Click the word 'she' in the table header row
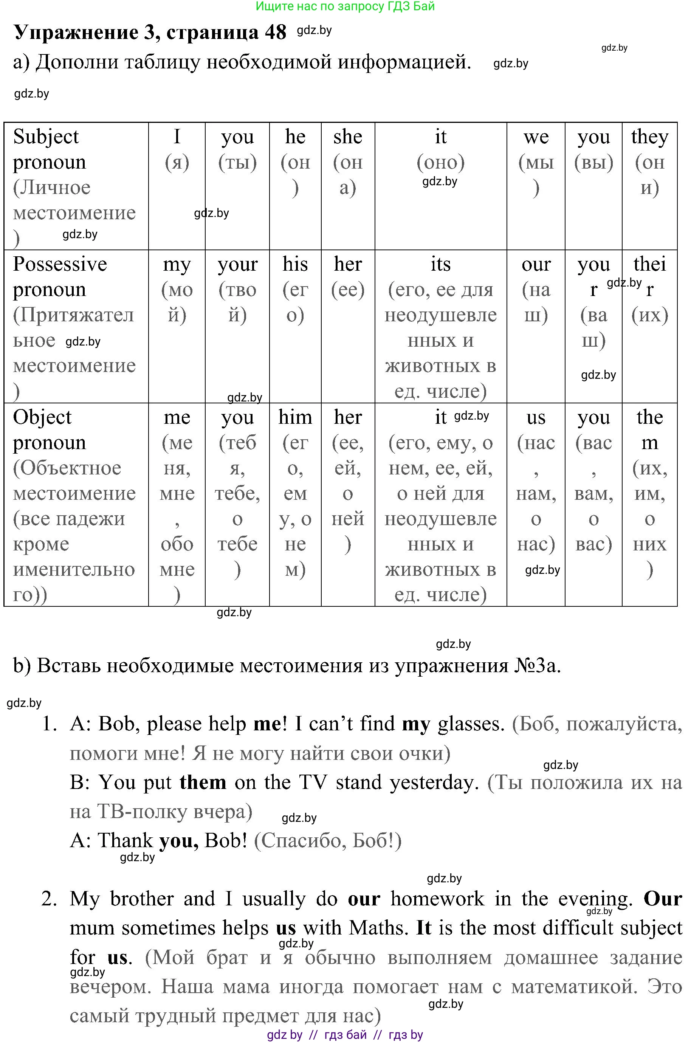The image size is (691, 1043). click(347, 137)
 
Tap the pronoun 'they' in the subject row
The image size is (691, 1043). click(649, 137)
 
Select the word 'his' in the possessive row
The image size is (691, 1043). click(295, 264)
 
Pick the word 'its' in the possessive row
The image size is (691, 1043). click(440, 264)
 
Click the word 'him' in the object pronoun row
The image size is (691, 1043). click(295, 417)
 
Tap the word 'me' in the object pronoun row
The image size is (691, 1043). click(177, 417)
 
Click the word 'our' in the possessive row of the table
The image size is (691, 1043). click(536, 264)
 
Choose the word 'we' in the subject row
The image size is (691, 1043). click(536, 137)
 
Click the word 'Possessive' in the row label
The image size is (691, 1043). click(60, 264)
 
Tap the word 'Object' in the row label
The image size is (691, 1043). click(42, 417)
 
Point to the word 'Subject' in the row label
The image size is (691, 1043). click(46, 137)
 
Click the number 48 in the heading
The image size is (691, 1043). click(276, 32)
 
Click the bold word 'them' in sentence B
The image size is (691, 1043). click(203, 783)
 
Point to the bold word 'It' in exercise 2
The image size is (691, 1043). click(423, 928)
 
